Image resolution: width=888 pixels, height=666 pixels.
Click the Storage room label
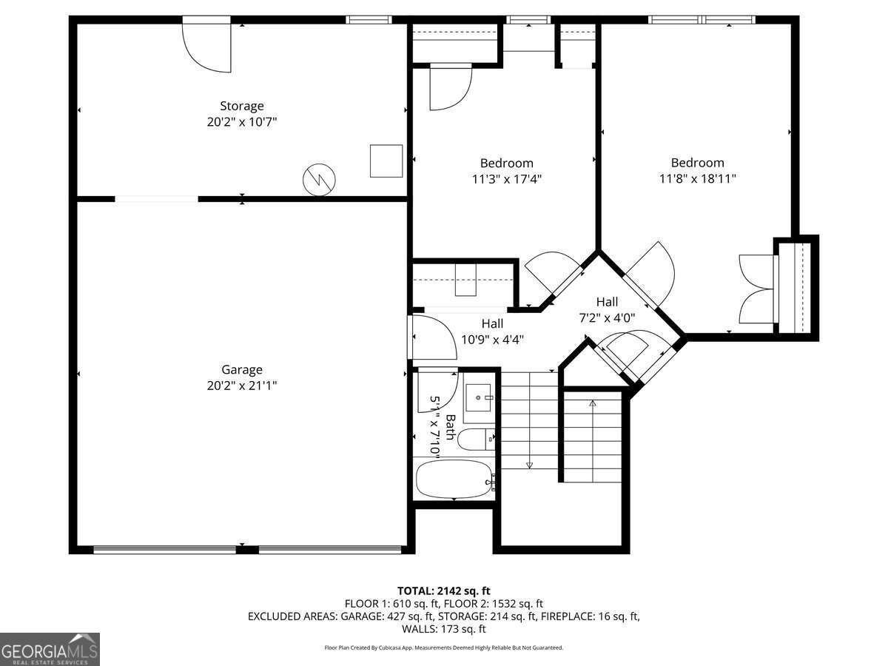(241, 106)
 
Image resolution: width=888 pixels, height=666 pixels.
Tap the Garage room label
(242, 369)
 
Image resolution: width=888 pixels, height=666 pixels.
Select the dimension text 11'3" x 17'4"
(506, 178)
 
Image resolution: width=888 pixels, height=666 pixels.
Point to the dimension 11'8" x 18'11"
(697, 178)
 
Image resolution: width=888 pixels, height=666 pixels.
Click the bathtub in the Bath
(454, 479)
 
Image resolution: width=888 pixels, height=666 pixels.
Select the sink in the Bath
(480, 400)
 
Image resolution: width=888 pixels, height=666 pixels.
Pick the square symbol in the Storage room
(386, 161)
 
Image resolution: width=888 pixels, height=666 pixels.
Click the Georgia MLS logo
(50, 649)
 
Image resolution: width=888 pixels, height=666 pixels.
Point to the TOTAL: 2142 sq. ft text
(443, 591)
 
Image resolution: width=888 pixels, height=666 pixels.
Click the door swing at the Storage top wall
(209, 48)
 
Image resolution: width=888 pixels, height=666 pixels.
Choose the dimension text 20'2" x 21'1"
(242, 386)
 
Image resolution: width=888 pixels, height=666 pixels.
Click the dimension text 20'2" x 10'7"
(241, 122)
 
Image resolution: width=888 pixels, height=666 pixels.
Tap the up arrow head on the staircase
(592, 403)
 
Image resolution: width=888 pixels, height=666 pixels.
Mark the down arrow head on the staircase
(530, 465)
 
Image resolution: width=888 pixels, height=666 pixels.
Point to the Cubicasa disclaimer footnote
(443, 647)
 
